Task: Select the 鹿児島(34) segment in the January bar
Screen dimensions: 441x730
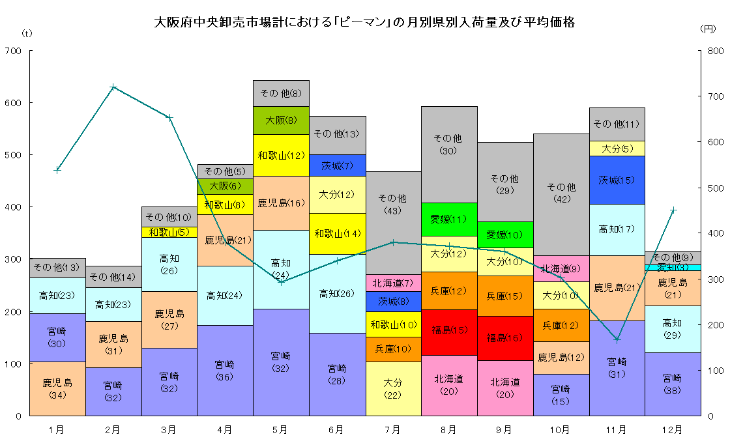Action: click(x=57, y=388)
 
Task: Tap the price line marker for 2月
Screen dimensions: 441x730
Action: click(x=113, y=87)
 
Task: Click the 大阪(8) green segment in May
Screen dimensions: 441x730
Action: click(x=281, y=120)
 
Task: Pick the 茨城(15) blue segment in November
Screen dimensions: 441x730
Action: click(x=617, y=180)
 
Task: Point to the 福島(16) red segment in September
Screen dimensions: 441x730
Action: click(x=505, y=338)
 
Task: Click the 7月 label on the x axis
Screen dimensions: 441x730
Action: click(x=393, y=430)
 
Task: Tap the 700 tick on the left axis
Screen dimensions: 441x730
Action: click(x=13, y=51)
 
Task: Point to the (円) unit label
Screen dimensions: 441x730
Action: click(x=707, y=29)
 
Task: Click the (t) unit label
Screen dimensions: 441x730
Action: click(x=26, y=33)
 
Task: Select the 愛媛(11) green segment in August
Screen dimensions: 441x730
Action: click(x=449, y=219)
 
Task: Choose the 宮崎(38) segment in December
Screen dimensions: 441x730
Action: click(x=673, y=384)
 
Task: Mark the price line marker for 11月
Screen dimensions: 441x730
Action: click(x=617, y=339)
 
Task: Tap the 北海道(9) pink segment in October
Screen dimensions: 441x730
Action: click(x=561, y=268)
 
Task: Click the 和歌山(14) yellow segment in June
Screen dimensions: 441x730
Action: click(x=337, y=233)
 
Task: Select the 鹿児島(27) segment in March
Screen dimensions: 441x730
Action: click(x=169, y=319)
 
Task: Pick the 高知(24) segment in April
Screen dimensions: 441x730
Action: click(x=225, y=295)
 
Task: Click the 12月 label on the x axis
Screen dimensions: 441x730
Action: click(x=673, y=430)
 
